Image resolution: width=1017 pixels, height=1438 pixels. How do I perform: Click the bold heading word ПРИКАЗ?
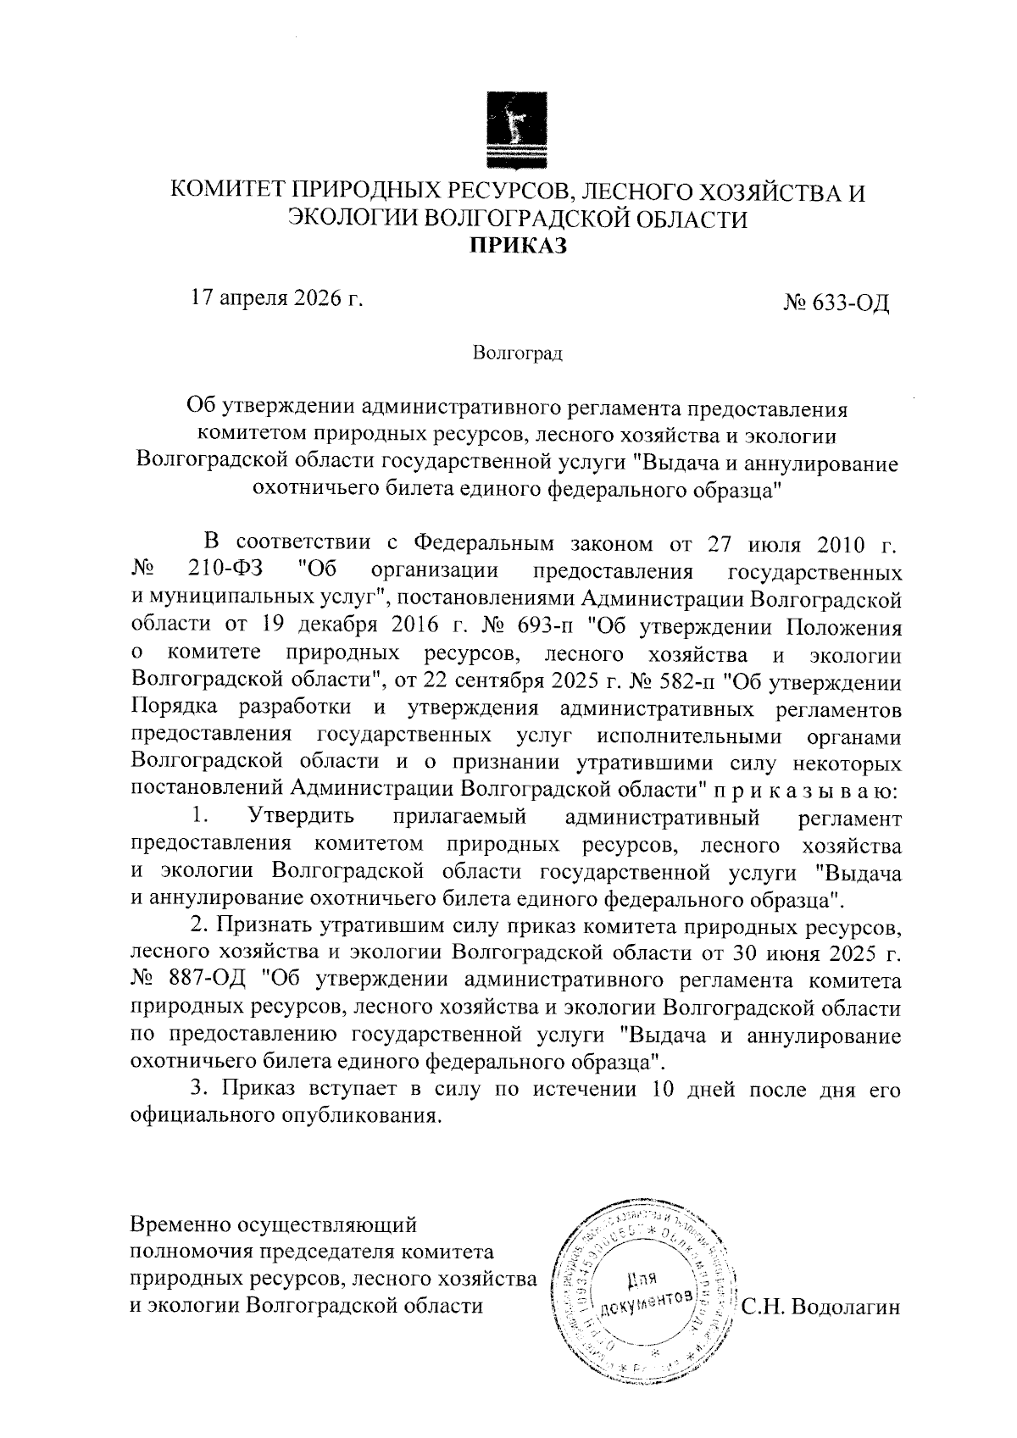517,246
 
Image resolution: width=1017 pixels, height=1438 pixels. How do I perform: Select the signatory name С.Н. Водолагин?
820,1307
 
